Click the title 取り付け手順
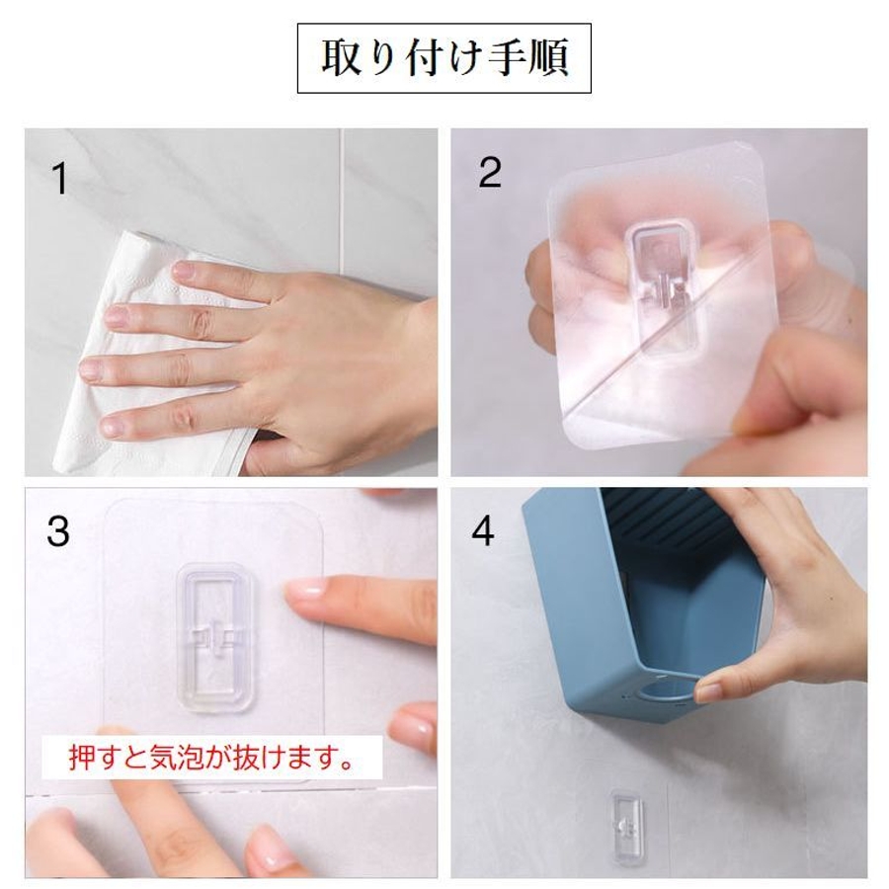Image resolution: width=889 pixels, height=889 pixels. tap(444, 57)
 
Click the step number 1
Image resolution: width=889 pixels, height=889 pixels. tap(59, 179)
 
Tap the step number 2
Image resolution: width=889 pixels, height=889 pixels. tap(490, 172)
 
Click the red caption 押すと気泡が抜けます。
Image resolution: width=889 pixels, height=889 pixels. tap(211, 758)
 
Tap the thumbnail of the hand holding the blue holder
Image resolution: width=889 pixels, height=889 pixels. tap(708, 691)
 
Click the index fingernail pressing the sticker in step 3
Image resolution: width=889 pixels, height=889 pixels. tap(305, 592)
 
